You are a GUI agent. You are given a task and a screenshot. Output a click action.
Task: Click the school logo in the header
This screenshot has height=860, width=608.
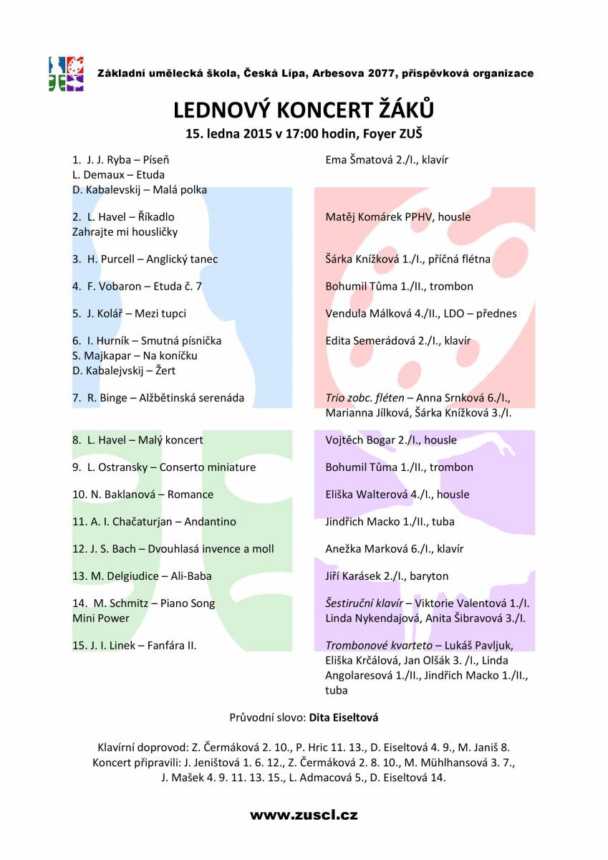pos(67,74)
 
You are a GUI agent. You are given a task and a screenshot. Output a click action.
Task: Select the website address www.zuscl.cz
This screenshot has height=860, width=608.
pos(304,815)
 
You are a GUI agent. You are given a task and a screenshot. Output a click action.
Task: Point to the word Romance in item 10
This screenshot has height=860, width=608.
pos(191,494)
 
